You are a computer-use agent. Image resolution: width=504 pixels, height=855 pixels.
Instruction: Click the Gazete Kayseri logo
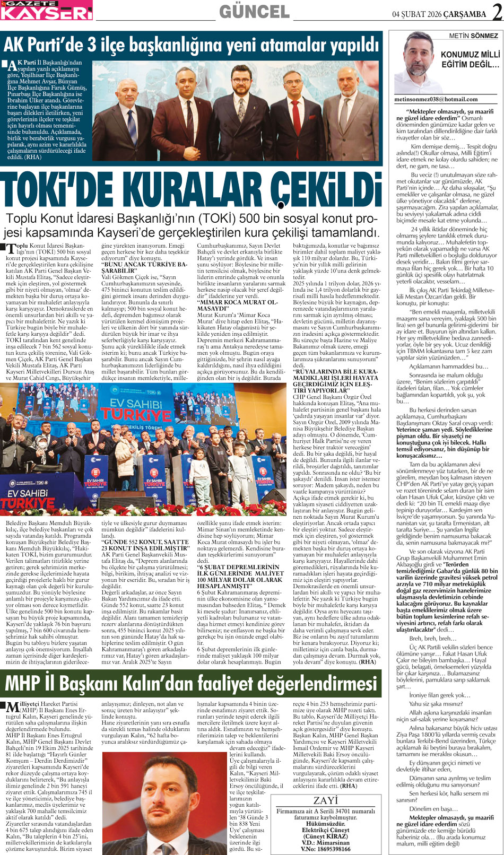tap(46, 10)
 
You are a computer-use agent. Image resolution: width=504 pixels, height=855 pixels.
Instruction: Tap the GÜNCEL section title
tap(254, 12)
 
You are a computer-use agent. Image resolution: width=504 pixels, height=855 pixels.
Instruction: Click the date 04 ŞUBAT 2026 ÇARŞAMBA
tap(439, 14)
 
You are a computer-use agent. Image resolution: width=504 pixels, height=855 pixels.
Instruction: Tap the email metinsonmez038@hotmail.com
tap(436, 99)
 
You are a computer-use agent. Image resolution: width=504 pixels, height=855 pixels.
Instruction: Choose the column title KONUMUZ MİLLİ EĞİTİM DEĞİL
tap(470, 59)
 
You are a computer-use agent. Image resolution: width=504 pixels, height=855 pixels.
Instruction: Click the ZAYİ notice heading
tap(325, 800)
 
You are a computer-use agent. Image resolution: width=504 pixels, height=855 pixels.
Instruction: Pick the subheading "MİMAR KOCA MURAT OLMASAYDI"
tap(237, 305)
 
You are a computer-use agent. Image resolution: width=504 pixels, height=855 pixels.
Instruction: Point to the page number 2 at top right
tap(497, 12)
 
